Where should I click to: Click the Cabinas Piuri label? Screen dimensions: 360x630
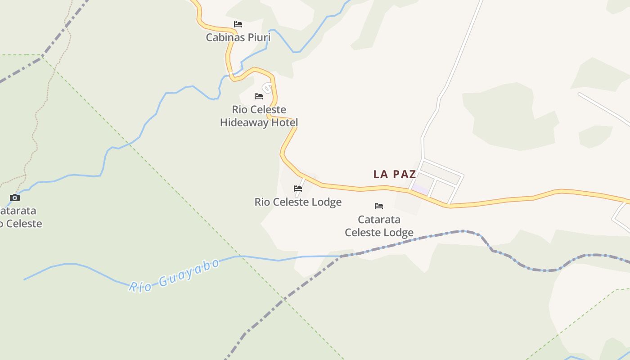click(x=238, y=37)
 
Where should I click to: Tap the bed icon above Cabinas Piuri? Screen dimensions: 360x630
click(x=238, y=24)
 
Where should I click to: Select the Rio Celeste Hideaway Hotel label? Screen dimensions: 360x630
click(x=259, y=116)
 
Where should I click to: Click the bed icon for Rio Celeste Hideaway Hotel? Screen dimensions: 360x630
click(x=259, y=96)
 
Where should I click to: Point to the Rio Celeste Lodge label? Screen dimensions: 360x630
click(x=298, y=202)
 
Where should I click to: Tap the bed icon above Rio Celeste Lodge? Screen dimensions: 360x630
click(x=298, y=189)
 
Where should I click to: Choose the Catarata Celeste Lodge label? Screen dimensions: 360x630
click(x=379, y=226)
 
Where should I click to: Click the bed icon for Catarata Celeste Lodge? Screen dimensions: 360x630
click(x=379, y=206)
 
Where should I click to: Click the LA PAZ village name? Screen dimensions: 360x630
click(x=395, y=175)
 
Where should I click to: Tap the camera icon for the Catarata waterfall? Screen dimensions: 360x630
click(x=15, y=198)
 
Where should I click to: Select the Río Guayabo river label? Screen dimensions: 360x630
click(x=174, y=275)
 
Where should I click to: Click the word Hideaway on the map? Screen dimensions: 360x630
click(x=243, y=122)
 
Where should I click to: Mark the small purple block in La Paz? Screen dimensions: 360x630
click(x=421, y=190)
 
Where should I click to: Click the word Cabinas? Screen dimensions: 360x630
click(x=224, y=37)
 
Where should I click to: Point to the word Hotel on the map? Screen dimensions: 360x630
click(x=284, y=122)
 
